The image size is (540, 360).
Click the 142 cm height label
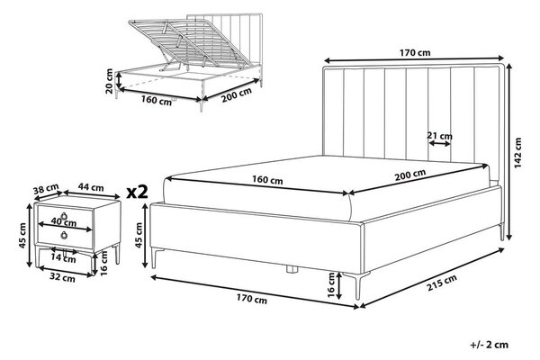coord(518,153)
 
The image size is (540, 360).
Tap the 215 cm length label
coord(442,283)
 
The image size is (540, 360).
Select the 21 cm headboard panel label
coord(439,136)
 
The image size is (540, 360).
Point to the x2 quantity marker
coord(137,192)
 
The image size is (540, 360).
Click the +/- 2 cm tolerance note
coord(489,345)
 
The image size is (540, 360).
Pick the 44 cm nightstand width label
coord(91,187)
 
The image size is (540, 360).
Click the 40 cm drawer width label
coord(63,222)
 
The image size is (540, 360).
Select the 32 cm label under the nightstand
coord(62,277)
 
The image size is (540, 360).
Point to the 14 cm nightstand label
coord(63,257)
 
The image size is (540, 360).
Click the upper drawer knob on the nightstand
coord(65,216)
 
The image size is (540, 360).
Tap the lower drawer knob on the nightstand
coord(65,236)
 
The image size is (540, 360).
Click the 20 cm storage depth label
coord(109,81)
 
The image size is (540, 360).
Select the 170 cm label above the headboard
coord(415,53)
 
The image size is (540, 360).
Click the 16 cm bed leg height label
coord(330,284)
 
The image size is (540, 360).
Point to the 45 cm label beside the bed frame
coord(139,235)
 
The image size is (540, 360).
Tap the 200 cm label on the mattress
coord(410,175)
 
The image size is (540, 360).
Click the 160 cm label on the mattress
coord(267,179)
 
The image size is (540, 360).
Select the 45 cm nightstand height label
coord(22,236)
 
